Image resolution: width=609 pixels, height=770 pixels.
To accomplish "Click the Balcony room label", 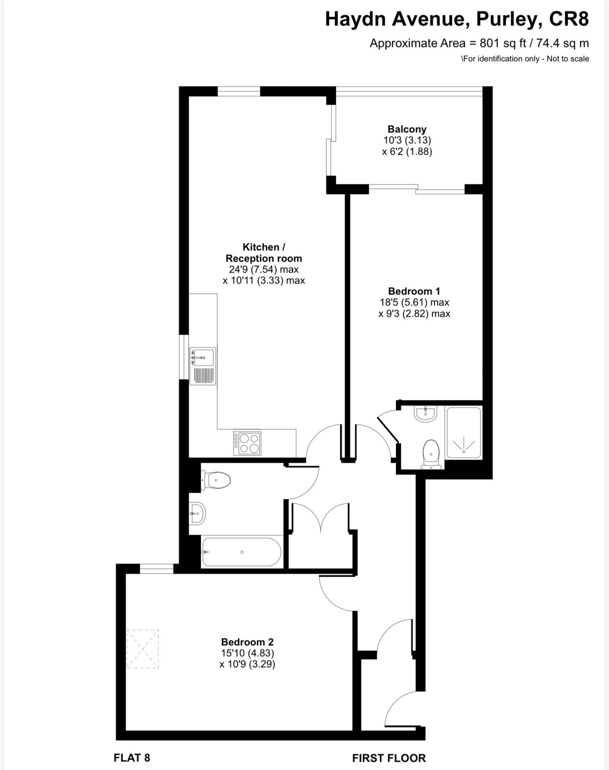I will tap(407, 129).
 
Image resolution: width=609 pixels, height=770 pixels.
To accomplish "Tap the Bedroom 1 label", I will tap(414, 291).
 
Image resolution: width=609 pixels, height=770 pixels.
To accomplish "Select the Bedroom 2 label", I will tap(247, 642).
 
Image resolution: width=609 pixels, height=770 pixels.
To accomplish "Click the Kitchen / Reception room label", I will tap(264, 253).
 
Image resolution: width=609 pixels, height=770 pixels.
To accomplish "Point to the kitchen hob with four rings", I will tap(247, 444).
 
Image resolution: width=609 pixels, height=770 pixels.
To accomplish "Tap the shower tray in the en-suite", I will tap(463, 432).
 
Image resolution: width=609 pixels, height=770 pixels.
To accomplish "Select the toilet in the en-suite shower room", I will tap(431, 454).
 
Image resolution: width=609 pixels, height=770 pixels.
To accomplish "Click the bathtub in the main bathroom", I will tap(241, 552).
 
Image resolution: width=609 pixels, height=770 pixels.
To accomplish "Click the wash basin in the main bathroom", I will tap(197, 513).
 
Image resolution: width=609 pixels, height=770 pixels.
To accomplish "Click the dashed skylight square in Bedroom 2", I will tap(142, 649).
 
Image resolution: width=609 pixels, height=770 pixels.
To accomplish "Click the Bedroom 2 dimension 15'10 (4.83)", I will tap(247, 653).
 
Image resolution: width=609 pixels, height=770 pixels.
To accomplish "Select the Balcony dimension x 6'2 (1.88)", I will tap(407, 152).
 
